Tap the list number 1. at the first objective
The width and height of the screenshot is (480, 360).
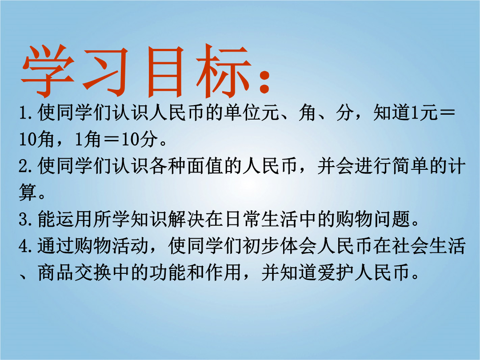click(x=27, y=113)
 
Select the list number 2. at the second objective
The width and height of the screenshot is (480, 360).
click(x=27, y=167)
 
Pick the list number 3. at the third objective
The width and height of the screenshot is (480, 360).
click(x=27, y=220)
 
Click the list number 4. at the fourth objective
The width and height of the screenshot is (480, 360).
click(x=27, y=246)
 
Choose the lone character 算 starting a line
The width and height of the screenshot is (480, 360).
click(x=28, y=193)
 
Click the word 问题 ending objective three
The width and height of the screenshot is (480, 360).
click(x=392, y=219)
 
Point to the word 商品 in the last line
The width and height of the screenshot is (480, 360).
click(x=56, y=272)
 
